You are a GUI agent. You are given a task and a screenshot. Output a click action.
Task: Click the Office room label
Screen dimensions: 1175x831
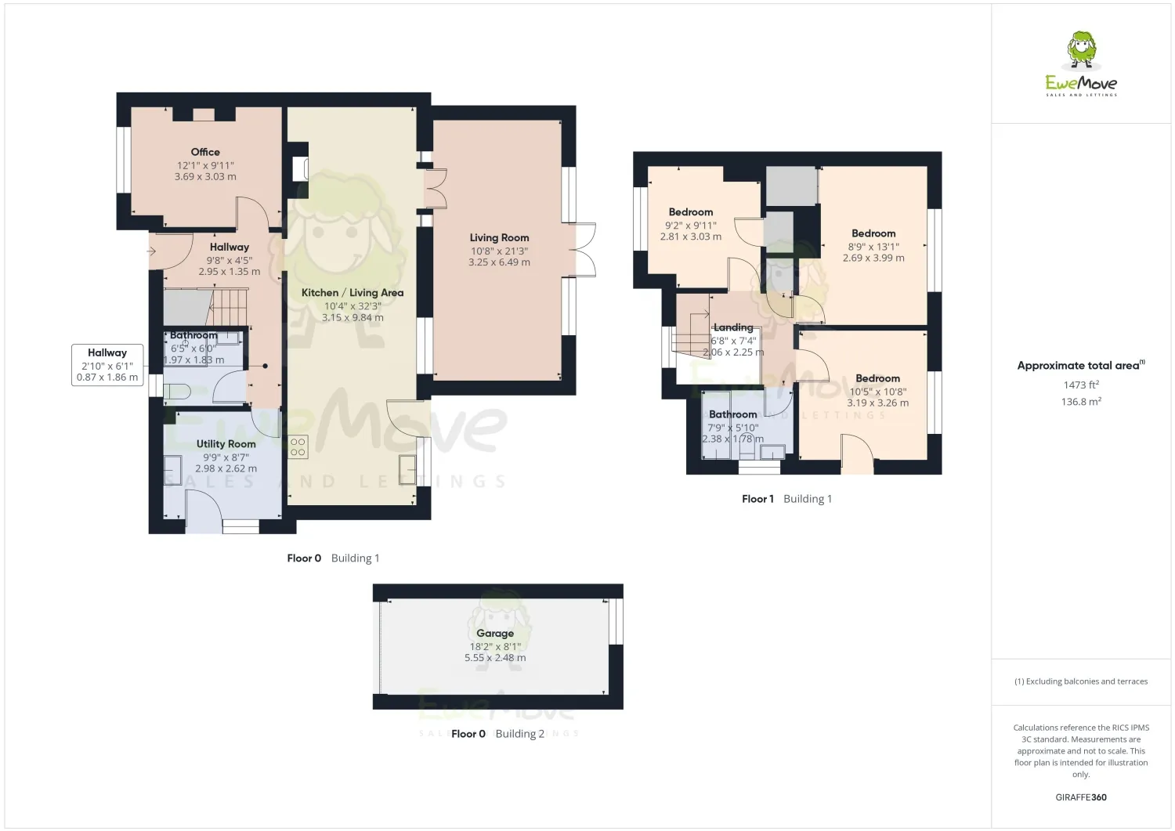point(205,152)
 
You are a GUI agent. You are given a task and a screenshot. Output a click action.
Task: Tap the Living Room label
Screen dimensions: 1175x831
point(499,237)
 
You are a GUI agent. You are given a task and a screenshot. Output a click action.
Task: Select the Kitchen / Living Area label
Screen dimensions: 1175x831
point(352,293)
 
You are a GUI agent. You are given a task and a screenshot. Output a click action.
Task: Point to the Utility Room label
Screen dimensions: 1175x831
point(226,444)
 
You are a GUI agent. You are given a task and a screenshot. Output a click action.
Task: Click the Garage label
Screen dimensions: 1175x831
point(494,633)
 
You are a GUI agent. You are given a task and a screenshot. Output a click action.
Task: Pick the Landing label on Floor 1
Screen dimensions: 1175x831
point(732,327)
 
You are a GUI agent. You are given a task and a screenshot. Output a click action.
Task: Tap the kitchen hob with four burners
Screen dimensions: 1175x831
point(298,447)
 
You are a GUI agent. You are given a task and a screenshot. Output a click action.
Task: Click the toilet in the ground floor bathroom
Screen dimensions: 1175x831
point(177,391)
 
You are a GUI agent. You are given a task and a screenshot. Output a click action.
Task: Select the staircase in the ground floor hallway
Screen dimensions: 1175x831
point(228,307)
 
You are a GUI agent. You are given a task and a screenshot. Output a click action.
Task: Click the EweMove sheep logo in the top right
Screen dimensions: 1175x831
point(1080,51)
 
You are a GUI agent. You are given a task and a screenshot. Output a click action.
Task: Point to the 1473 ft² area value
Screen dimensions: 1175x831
point(1081,385)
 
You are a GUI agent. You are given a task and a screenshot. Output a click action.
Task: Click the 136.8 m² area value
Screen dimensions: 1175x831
point(1081,401)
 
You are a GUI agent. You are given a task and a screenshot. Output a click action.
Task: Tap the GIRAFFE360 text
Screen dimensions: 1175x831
point(1081,797)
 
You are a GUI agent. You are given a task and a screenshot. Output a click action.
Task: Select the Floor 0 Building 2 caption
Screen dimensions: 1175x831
point(497,733)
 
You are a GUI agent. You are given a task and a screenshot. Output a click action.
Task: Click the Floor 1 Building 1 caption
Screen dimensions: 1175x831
point(786,499)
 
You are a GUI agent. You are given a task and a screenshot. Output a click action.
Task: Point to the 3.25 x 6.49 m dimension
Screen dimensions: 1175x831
point(499,262)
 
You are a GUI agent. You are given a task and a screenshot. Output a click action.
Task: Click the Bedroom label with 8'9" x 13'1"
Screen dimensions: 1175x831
point(873,233)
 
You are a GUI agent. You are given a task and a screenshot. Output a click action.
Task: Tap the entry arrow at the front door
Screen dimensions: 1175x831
point(152,251)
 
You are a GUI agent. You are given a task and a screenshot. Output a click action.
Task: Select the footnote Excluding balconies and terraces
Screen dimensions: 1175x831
point(1081,681)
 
